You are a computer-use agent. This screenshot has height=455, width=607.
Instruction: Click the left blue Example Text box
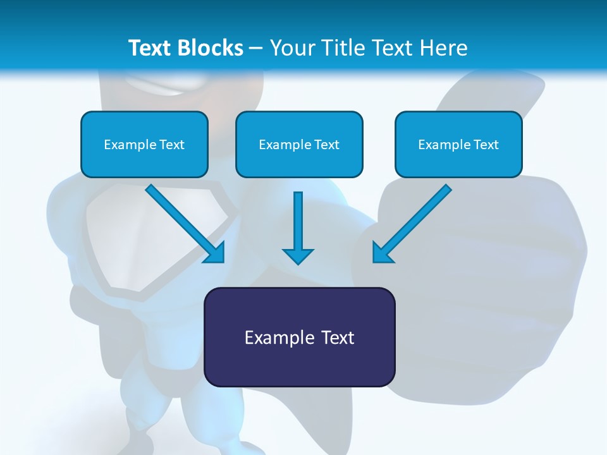pyautogui.click(x=144, y=145)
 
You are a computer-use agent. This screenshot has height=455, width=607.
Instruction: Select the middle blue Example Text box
pyautogui.click(x=299, y=145)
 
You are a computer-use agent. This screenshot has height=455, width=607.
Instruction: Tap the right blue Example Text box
pyautogui.click(x=458, y=145)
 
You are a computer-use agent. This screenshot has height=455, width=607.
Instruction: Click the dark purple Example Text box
pyautogui.click(x=299, y=337)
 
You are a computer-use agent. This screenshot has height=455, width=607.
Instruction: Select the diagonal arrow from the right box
pyautogui.click(x=417, y=218)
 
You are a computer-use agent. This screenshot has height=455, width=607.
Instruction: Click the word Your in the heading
pyautogui.click(x=291, y=48)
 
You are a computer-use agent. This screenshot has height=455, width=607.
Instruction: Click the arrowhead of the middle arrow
pyautogui.click(x=298, y=255)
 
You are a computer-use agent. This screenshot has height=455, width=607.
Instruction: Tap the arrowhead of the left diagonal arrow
pyautogui.click(x=215, y=253)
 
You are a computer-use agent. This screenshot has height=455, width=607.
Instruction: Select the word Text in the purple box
pyautogui.click(x=338, y=337)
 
